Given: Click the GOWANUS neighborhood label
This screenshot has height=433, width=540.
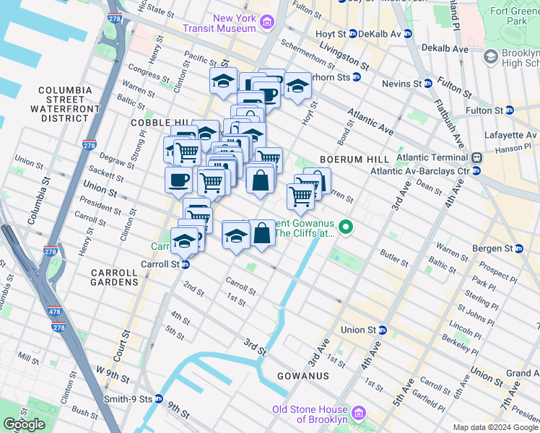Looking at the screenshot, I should point(303,376).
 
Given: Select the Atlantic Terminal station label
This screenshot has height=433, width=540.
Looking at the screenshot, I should point(419,158).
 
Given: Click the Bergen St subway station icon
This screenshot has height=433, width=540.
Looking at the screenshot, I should point(528,248).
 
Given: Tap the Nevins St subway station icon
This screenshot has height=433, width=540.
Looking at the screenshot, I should point(427,84).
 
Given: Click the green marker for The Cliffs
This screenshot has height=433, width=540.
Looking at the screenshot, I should point(346,228).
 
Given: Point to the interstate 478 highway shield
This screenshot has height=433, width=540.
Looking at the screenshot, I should point(57,326).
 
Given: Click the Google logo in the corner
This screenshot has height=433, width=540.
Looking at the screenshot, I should point(24,424).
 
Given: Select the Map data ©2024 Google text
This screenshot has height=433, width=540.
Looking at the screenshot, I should point(495,427).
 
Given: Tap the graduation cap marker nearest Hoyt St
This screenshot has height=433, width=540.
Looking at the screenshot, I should point(297,86).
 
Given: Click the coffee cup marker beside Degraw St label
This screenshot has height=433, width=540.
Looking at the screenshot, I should point(178,181).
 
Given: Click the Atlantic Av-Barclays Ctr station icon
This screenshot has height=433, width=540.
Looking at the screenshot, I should point(476,171).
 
